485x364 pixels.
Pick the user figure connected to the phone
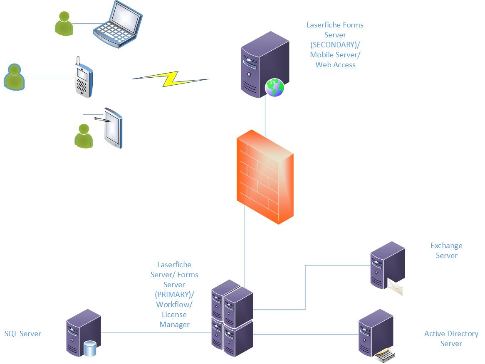[x=14, y=76]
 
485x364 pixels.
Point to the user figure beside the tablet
[x=84, y=135]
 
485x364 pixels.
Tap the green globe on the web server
[x=275, y=88]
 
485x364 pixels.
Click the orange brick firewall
[x=265, y=177]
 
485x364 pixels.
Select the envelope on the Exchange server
[x=395, y=287]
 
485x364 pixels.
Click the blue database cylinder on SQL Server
[x=89, y=348]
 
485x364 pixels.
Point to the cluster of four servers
[x=232, y=318]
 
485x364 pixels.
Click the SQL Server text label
[x=23, y=334]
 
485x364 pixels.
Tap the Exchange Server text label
[x=446, y=251]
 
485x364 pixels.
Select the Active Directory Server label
[x=451, y=339]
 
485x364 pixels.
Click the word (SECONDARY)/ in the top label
[x=335, y=45]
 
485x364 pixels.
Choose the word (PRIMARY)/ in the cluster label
[x=174, y=295]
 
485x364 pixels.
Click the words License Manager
[x=174, y=320]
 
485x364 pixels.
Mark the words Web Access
[x=335, y=65]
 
